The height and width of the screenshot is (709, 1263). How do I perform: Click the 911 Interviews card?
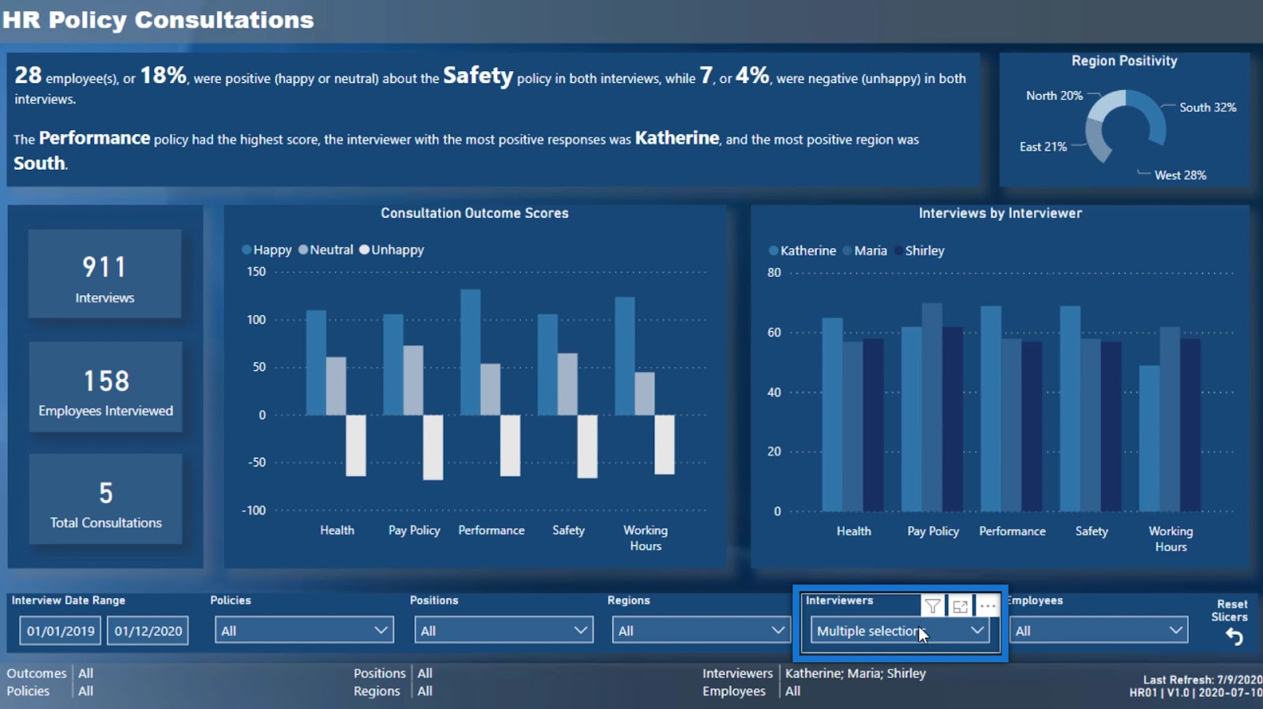[105, 275]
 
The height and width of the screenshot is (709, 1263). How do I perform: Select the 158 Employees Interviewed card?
[106, 388]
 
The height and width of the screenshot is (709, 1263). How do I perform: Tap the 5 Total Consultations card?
[106, 499]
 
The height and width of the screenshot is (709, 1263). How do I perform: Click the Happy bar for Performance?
[470, 352]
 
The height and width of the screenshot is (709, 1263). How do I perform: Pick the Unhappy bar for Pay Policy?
[433, 447]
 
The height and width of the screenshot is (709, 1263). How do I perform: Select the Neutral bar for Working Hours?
[645, 393]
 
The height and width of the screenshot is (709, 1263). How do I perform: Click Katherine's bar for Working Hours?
[1149, 438]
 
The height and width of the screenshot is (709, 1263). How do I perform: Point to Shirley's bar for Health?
[873, 425]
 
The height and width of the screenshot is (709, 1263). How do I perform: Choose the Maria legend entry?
[865, 250]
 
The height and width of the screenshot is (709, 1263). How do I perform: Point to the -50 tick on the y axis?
[257, 462]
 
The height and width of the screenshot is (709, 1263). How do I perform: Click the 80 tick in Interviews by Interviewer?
[774, 272]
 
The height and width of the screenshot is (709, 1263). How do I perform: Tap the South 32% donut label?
[1207, 107]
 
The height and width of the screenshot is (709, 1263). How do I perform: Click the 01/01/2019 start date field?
[61, 631]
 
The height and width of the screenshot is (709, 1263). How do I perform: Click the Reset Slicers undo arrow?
[1234, 637]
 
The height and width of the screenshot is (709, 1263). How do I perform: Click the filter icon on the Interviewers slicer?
[932, 606]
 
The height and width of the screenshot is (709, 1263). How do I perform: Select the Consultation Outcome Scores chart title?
[474, 213]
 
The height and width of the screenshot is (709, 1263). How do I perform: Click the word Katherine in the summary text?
[676, 138]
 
